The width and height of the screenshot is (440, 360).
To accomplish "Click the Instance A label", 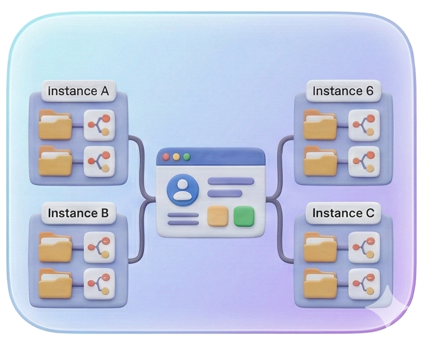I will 78,91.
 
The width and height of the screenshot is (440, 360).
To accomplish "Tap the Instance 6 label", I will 343,91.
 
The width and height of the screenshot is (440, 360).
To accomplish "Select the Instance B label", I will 78,213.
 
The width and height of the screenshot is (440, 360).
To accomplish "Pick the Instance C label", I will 343,213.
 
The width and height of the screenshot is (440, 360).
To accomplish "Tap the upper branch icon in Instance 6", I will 364,125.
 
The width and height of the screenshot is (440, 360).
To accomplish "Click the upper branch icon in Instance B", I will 99,247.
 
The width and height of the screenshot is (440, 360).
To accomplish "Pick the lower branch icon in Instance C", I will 364,283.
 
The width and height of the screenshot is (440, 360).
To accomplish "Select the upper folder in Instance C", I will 320,247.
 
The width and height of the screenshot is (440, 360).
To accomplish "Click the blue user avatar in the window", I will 183,189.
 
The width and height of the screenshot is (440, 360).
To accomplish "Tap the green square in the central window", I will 243,216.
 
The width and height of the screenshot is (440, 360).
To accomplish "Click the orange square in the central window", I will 217,216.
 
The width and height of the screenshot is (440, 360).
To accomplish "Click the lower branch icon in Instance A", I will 99,161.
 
